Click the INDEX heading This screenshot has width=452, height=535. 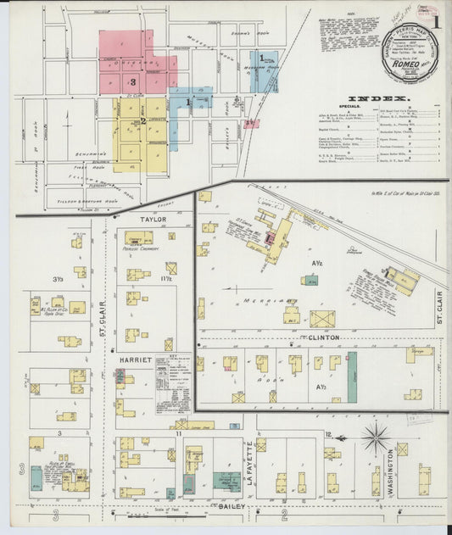click(373, 98)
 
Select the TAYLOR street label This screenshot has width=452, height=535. click(153, 219)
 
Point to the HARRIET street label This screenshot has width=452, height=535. click(135, 360)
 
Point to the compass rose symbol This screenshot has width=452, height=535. click(375, 438)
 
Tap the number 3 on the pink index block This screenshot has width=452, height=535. click(133, 81)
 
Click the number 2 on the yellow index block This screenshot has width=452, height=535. click(143, 121)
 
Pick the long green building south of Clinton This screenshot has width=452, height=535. click(352, 376)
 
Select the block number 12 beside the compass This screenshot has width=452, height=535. click(327, 434)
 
